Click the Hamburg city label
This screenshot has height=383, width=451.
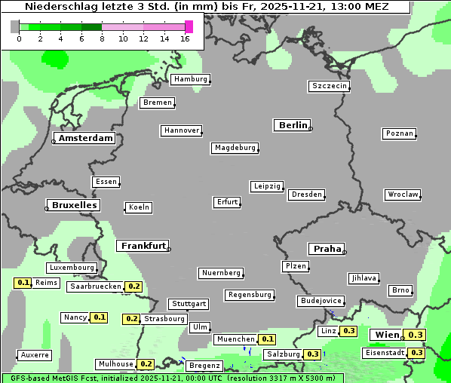point(190,79)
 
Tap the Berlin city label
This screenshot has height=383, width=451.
point(293,125)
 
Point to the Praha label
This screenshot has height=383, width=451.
point(326,249)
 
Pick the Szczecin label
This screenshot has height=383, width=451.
point(330,86)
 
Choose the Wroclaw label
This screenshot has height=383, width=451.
point(403,195)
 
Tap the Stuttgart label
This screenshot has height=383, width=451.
point(189,304)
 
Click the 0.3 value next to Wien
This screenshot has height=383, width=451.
point(416,335)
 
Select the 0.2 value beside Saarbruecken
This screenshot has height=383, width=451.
point(133,286)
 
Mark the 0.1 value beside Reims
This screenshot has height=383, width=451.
point(23,283)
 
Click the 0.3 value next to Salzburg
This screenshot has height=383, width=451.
point(313,354)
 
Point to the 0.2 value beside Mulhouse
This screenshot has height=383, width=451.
point(146,364)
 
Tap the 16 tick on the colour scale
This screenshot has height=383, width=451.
point(186,38)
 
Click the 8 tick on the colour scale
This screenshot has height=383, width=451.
point(102,38)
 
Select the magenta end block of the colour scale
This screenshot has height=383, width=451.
point(189,26)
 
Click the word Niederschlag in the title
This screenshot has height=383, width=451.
point(60,7)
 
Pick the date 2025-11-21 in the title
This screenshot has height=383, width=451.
point(302,7)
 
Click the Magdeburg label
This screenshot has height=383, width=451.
point(235,148)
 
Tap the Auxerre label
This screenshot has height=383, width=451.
point(35,354)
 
